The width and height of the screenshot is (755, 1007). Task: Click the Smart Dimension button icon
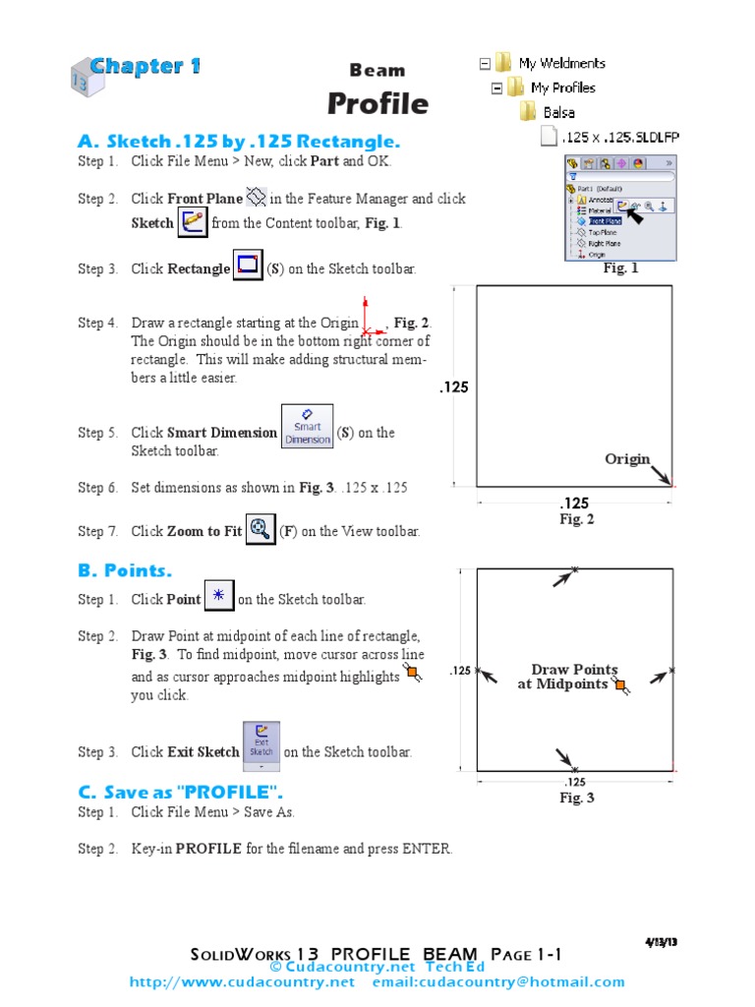tap(307, 426)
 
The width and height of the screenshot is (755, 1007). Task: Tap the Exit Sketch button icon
tap(261, 745)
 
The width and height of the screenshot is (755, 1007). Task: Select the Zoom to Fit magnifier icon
tap(261, 529)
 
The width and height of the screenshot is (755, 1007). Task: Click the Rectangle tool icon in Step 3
tap(248, 266)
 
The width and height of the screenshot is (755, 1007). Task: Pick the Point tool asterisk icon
tap(218, 595)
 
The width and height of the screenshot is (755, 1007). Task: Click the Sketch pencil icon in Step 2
tap(193, 221)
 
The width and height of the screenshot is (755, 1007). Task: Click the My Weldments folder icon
tap(503, 63)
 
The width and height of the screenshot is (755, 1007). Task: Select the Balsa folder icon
tap(528, 112)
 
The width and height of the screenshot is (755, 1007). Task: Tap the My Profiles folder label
tap(562, 88)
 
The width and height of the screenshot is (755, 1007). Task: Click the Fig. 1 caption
tap(620, 267)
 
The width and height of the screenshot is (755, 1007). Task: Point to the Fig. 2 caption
tap(577, 519)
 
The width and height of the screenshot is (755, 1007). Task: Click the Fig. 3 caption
tap(577, 798)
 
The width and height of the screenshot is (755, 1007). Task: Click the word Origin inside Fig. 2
tap(627, 458)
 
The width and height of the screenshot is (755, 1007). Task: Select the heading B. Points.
tap(125, 570)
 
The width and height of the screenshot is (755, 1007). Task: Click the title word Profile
tap(377, 103)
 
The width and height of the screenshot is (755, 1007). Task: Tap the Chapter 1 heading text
tap(145, 67)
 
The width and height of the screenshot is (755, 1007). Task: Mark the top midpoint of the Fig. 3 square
tap(575, 569)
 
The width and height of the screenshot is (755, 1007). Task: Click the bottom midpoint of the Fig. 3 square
tap(575, 769)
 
